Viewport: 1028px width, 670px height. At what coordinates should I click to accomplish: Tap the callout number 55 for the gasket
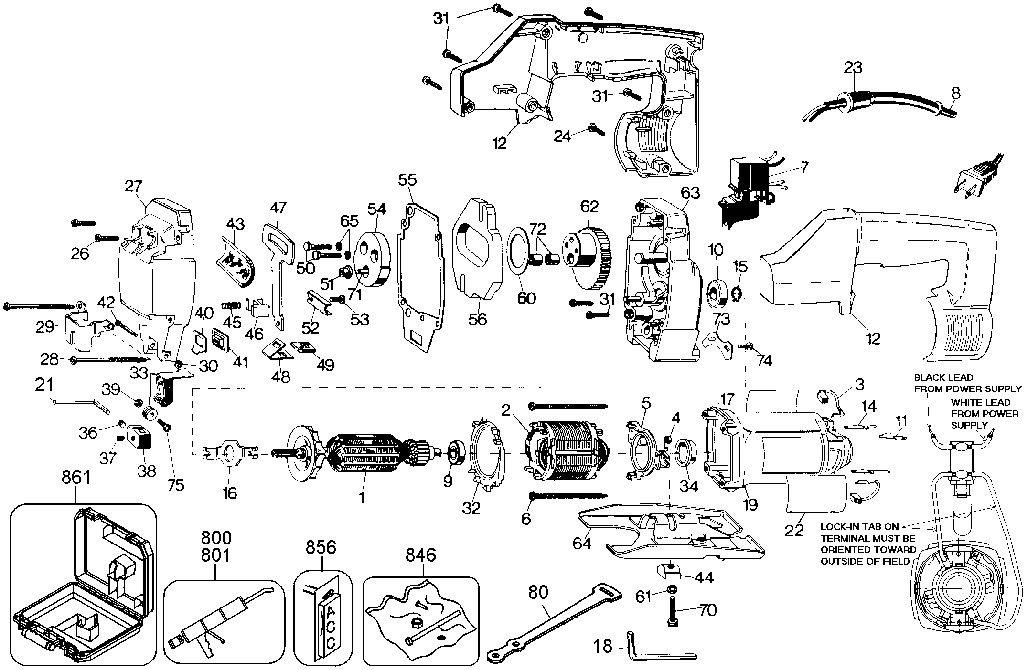(407, 180)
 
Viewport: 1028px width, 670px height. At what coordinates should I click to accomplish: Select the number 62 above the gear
(589, 207)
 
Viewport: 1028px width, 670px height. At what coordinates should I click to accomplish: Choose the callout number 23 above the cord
(853, 67)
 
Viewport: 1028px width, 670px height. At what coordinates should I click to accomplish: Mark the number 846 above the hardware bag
(420, 555)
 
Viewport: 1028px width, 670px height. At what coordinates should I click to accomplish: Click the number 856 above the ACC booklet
(321, 547)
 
